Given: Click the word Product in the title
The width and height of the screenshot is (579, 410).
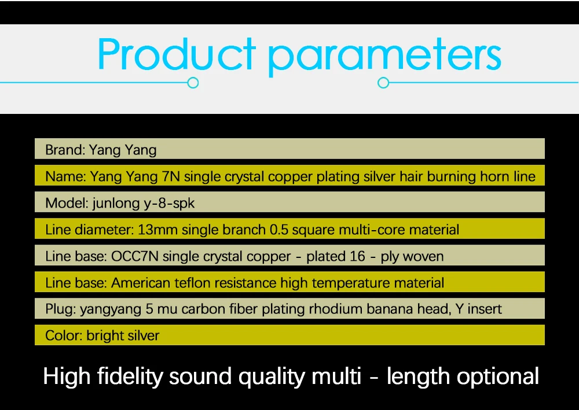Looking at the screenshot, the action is tap(177, 54).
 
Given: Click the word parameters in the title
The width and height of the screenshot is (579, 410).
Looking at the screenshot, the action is tap(385, 58).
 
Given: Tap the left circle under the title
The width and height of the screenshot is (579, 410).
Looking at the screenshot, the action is tap(193, 83).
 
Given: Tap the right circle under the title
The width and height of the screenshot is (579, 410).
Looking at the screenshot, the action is tap(383, 83).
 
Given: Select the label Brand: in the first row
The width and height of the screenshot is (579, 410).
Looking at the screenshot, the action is tap(65, 150).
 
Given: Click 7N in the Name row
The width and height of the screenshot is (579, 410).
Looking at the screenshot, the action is tap(171, 176).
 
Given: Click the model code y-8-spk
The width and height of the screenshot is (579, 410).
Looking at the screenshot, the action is tap(168, 204).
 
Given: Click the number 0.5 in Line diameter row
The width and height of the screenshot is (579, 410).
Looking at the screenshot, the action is tap(279, 230).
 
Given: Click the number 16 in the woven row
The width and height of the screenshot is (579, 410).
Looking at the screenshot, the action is tap(357, 256).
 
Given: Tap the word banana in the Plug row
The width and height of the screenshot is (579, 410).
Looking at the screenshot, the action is tap(390, 309).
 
